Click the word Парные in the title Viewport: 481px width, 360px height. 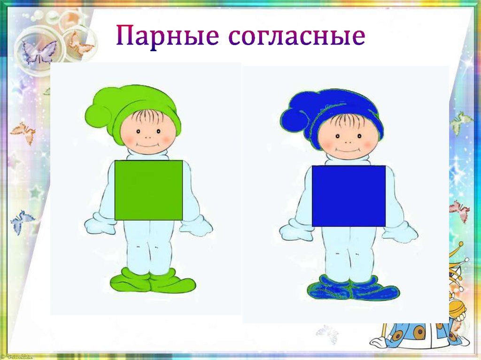coord(168,36)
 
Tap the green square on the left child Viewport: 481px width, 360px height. coord(148,190)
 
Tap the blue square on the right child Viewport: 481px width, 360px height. coord(349,196)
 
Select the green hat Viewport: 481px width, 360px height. coord(132,110)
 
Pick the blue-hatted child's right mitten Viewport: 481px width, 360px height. coord(400,230)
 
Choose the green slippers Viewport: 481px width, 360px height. coord(153,280)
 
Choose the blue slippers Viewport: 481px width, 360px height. coord(353,288)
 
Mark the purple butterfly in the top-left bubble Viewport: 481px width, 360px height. coord(38,52)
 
